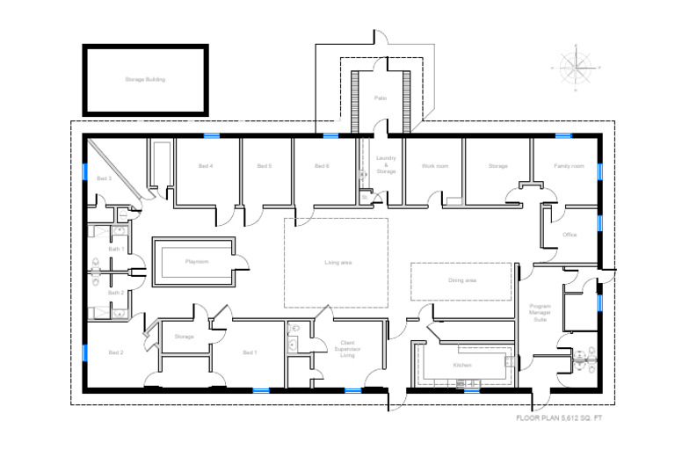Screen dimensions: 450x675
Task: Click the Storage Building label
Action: coord(145,79)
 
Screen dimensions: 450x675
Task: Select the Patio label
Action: coord(380,99)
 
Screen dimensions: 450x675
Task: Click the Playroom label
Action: coord(196,261)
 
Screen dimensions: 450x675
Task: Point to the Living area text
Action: coord(337,262)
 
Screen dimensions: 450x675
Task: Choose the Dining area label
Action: coord(462,280)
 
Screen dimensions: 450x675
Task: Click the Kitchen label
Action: coord(462,364)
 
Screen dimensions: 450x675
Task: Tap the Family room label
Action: coord(569,165)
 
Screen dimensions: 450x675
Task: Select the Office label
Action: coord(570,235)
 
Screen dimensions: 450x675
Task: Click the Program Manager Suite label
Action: coord(540,314)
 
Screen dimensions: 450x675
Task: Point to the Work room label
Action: coord(434,165)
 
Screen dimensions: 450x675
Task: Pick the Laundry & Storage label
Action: coord(386,164)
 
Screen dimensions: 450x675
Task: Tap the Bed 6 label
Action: coord(322,165)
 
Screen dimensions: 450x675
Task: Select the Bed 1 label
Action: coord(250,352)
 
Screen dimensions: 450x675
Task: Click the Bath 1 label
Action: coord(116,250)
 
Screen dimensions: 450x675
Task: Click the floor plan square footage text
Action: coord(559,418)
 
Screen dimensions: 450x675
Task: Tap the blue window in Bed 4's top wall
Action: coord(212,134)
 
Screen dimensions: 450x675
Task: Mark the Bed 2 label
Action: coord(115,352)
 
